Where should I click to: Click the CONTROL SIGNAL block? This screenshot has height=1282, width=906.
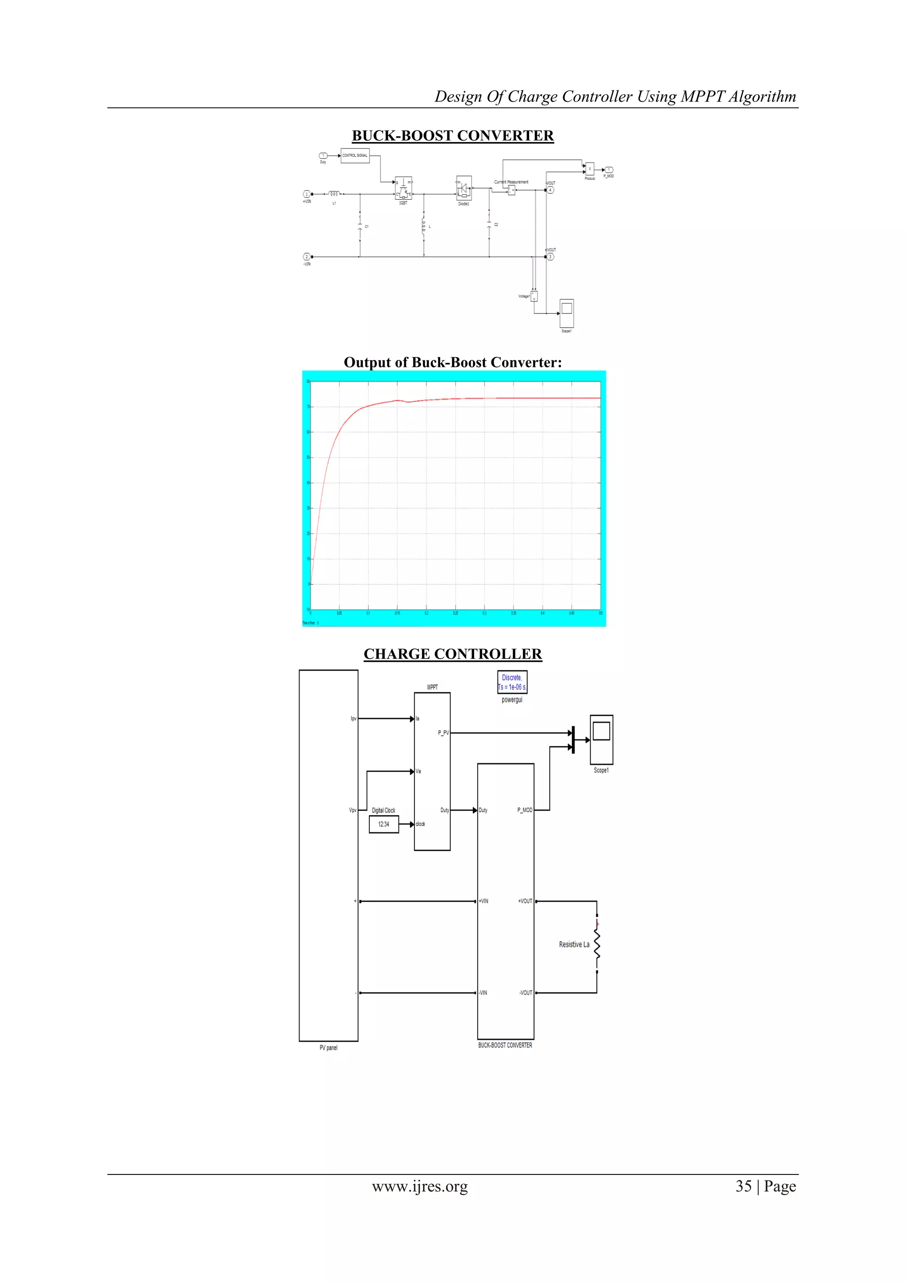(x=355, y=156)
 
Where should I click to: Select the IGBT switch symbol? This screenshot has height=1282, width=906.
(x=403, y=189)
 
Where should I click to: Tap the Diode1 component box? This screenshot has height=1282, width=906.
(x=464, y=189)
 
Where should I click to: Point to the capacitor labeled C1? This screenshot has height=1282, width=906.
(x=360, y=227)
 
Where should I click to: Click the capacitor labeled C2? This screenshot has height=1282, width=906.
(x=489, y=225)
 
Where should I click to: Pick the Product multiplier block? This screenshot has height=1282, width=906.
(x=590, y=169)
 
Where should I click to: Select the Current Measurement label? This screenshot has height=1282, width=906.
(x=511, y=182)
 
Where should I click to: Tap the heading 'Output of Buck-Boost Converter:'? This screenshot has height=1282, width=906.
(x=453, y=363)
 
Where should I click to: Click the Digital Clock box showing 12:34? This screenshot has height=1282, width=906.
(x=384, y=824)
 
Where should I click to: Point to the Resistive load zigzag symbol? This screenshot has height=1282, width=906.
(x=597, y=945)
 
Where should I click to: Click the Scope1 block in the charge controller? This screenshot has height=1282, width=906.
(x=601, y=739)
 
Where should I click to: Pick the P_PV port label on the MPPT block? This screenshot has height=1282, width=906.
(x=443, y=733)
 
